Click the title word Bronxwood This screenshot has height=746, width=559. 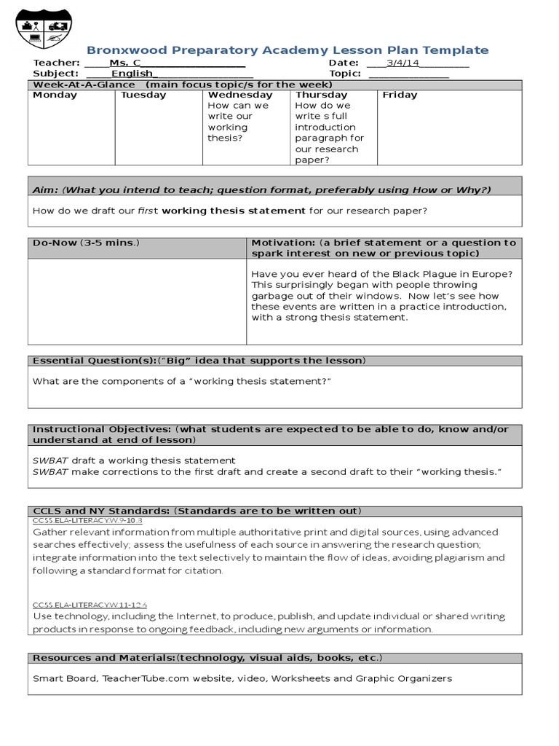point(122,50)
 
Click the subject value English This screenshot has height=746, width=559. point(132,74)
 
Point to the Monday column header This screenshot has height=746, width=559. point(55,95)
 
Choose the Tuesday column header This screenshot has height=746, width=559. point(143,95)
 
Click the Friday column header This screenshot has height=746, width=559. point(400,95)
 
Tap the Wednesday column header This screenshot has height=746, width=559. point(240,95)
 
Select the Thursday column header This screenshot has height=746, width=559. point(322,95)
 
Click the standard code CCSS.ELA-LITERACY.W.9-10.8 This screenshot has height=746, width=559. point(87,522)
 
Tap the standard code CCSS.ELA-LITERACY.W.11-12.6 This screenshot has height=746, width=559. point(90,605)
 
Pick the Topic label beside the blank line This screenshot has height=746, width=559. point(345,74)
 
